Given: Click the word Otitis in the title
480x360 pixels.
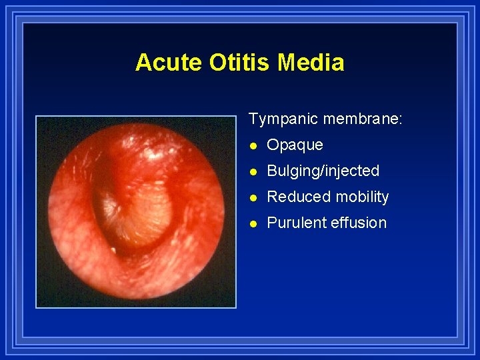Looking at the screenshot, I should [241, 63].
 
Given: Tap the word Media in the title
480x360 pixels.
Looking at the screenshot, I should [311, 63].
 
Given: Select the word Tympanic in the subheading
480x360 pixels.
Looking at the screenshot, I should [283, 119].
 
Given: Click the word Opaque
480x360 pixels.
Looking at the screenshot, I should [295, 145].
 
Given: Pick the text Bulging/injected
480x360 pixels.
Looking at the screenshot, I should [323, 171].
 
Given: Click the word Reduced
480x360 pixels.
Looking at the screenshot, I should [295, 197].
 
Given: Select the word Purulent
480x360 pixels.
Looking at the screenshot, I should [295, 223].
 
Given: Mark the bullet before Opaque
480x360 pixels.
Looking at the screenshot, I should [253, 145].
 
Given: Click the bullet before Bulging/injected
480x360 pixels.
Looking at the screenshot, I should [253, 171].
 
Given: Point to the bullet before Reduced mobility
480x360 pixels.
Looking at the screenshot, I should [253, 197].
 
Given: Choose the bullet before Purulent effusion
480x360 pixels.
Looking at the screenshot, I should [253, 223].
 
